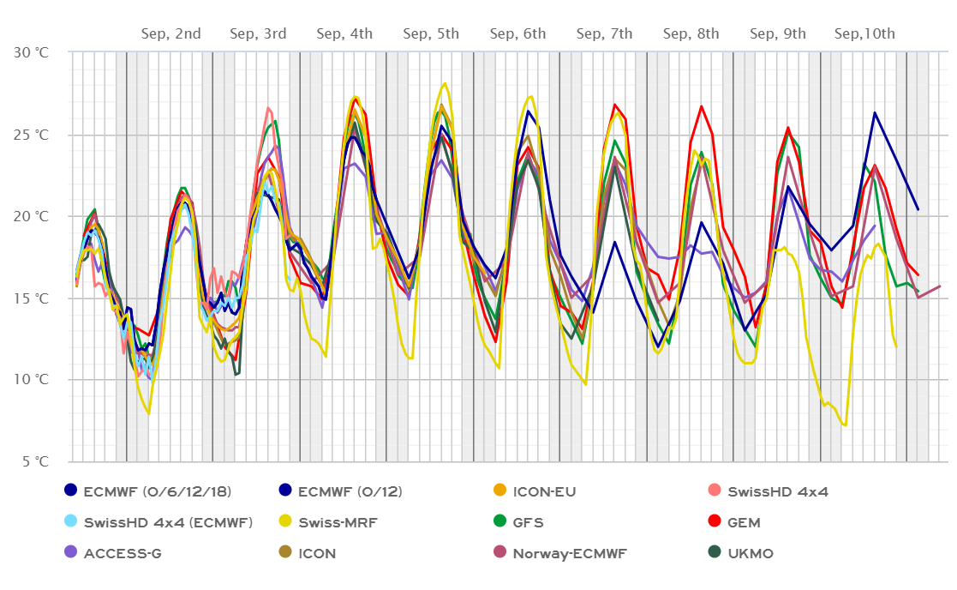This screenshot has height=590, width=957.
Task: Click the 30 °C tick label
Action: pos(33,52)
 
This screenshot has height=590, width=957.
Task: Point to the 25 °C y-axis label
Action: pos(33,135)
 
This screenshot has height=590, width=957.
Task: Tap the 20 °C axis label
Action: pos(33,216)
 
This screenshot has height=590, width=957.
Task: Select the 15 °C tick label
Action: pos(33,298)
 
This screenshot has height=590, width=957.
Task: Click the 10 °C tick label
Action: pos(33,380)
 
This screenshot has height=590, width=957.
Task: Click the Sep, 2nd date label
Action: pos(170,34)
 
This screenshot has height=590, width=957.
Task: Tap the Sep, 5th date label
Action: pos(431,34)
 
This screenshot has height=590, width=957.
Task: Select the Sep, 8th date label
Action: pos(691,34)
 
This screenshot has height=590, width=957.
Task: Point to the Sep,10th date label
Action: pos(864,34)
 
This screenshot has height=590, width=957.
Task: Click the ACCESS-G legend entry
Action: pos(122,553)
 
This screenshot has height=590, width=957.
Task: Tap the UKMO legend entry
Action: pos(751,553)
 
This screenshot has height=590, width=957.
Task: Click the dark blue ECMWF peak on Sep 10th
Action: pos(875,112)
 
